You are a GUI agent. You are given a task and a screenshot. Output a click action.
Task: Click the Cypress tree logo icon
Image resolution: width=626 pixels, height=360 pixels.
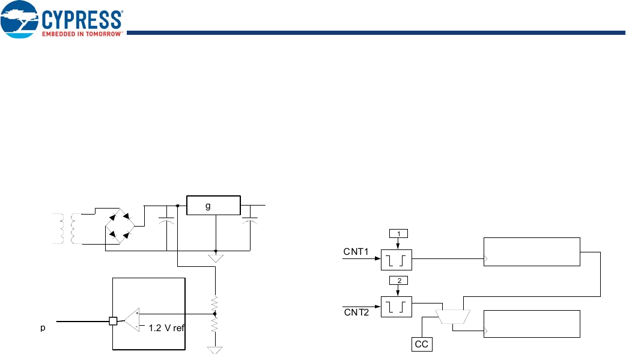click(20, 20)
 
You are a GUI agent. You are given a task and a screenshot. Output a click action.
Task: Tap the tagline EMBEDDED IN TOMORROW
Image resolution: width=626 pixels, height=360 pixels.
click(82, 34)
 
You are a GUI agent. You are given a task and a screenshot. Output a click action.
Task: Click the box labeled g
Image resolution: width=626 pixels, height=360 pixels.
click(213, 206)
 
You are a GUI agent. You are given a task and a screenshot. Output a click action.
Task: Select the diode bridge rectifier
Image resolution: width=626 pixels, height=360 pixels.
click(120, 225)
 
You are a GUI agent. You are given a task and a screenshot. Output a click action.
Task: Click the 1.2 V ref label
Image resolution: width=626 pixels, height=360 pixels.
click(165, 329)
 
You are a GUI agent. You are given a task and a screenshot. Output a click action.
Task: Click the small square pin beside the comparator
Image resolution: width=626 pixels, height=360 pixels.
click(112, 321)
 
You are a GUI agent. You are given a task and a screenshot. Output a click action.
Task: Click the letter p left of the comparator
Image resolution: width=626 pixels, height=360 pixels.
click(42, 329)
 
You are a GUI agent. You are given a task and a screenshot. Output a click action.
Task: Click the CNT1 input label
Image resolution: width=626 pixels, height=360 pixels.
click(356, 251)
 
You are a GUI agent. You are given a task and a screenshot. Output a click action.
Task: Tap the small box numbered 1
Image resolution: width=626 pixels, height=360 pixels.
click(397, 233)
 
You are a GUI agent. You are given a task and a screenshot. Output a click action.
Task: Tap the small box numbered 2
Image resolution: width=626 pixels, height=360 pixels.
click(397, 280)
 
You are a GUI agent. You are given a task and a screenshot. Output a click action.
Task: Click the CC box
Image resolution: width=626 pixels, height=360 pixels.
click(422, 344)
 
